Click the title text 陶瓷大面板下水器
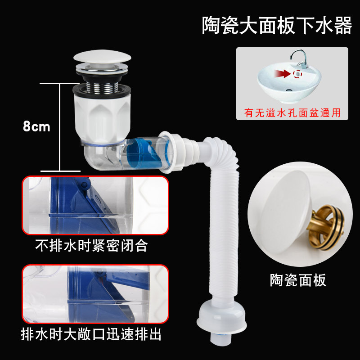276,26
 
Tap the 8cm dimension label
36,126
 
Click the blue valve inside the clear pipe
144,153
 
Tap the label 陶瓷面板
298,280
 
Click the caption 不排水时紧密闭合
92,246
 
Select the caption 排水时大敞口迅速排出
92,334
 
